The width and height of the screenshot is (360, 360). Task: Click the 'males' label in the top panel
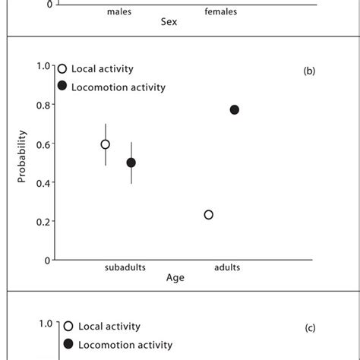point(119,12)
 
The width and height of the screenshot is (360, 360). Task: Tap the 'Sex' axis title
point(169,23)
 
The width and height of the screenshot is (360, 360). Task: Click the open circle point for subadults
point(106,144)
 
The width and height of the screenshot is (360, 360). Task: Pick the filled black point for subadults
point(131,163)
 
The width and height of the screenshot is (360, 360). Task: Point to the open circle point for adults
point(209,215)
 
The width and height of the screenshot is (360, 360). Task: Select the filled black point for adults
point(234,110)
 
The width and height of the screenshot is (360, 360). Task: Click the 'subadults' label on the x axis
point(125,267)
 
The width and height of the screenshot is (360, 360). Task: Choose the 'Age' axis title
point(175,278)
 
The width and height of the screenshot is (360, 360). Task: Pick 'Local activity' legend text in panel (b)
point(102,69)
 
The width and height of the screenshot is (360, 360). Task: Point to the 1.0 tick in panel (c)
point(46,324)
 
